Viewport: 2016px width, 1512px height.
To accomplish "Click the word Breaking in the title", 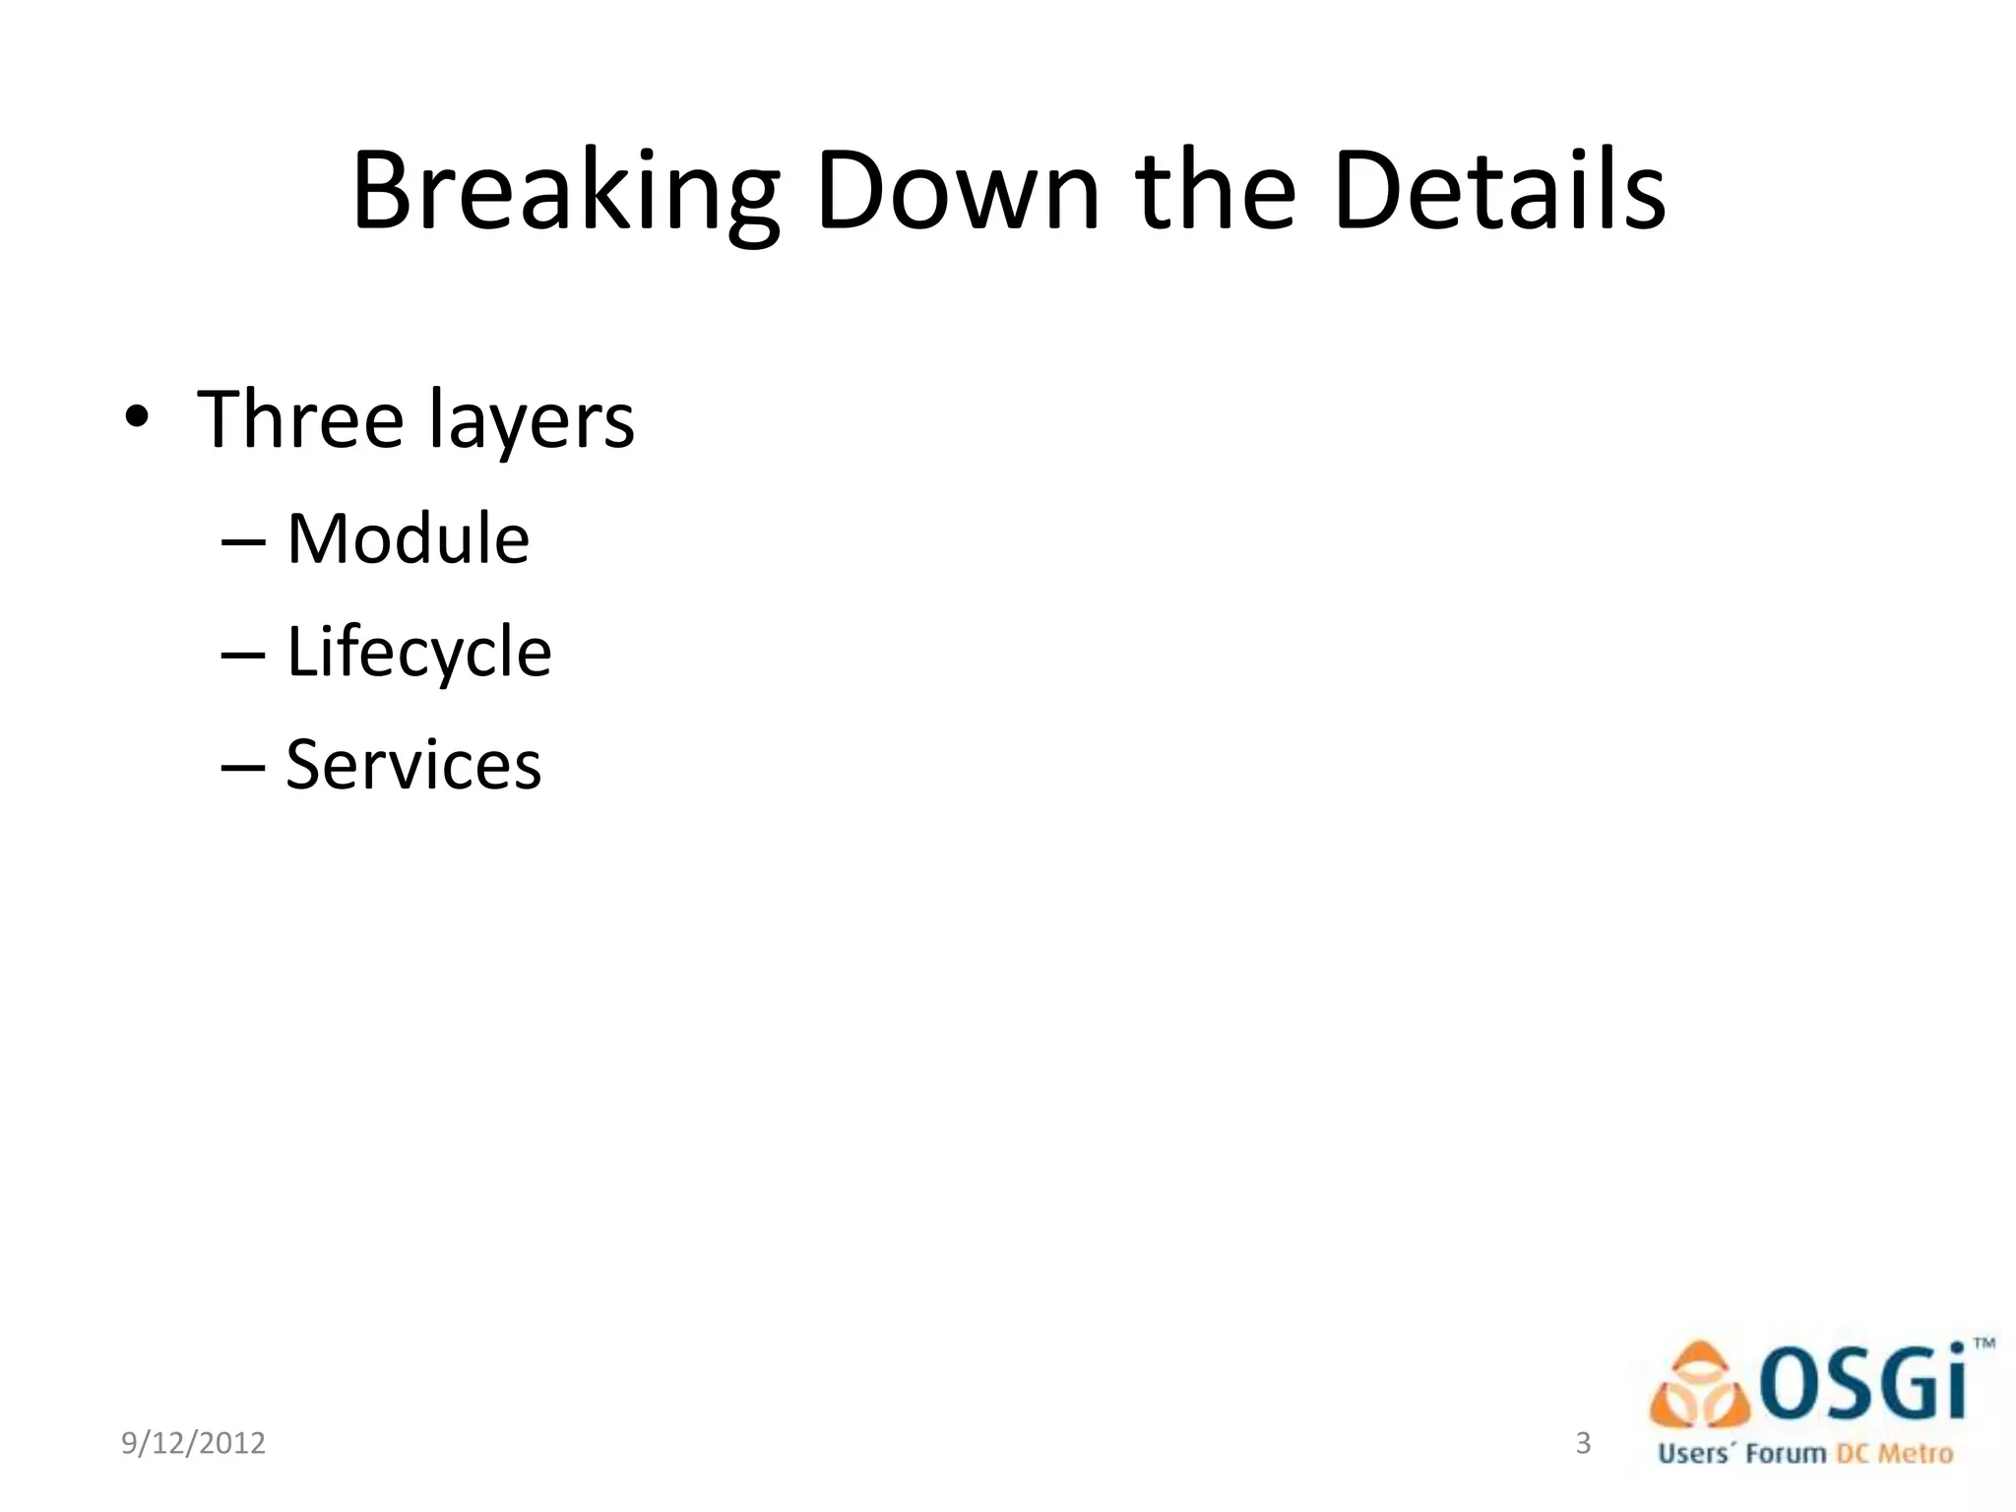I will click(x=566, y=192).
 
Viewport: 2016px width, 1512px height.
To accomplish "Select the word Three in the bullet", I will click(x=300, y=419).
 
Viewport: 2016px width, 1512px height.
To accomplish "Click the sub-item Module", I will click(x=408, y=539).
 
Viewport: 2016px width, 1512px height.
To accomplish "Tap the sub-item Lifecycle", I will click(x=418, y=653).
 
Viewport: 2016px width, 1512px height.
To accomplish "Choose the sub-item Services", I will click(x=413, y=765).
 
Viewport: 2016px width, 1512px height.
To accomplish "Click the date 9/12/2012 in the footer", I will click(x=193, y=1443).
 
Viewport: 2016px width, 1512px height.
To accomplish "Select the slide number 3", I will click(x=1583, y=1442).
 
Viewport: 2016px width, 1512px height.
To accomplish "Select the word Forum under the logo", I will click(x=1786, y=1454).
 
